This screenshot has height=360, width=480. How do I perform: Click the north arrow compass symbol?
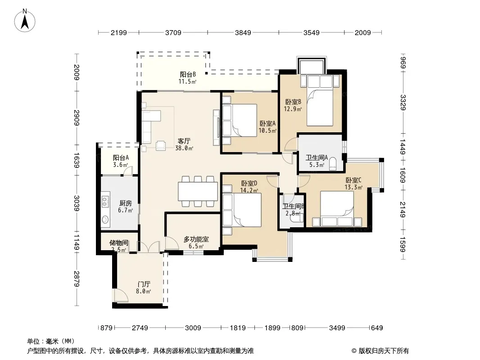(25, 20)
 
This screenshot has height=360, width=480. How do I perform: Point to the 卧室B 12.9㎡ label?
(293, 105)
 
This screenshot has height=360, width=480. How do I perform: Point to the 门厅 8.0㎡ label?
(144, 288)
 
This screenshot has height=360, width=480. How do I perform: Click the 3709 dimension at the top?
(173, 33)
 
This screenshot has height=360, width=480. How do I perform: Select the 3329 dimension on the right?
(403, 103)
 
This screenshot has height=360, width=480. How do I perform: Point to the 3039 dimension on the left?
(77, 203)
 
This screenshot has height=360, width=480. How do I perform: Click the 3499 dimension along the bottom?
(337, 328)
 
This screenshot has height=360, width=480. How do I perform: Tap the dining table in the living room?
(198, 191)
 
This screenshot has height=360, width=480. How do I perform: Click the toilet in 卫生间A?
(332, 164)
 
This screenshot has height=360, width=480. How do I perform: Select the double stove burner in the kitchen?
(105, 201)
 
